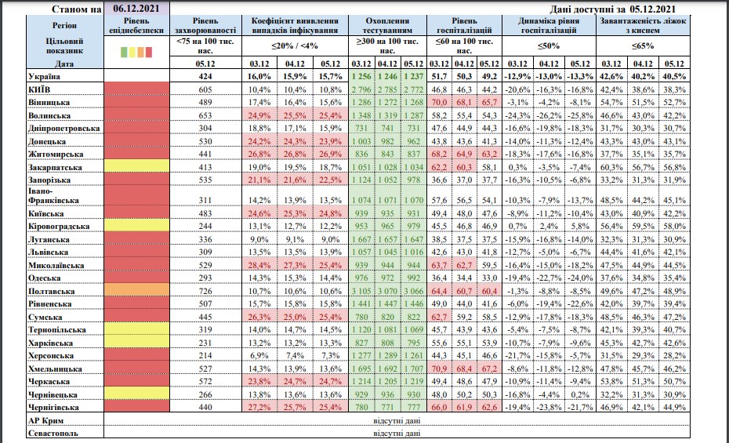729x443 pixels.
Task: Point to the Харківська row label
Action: click(50, 343)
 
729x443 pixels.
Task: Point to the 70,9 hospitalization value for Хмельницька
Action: click(440, 369)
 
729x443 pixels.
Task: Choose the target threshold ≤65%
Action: click(644, 46)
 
